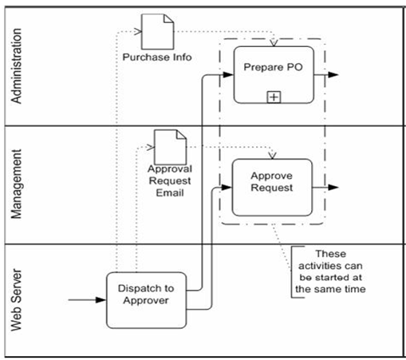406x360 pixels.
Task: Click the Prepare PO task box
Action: (274, 75)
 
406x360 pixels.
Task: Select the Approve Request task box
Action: (272, 188)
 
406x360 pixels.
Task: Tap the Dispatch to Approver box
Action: (146, 300)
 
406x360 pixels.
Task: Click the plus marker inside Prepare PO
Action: (274, 97)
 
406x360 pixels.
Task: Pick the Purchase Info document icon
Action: (157, 32)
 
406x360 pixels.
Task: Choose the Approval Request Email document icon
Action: (170, 147)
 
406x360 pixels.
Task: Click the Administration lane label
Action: (16, 65)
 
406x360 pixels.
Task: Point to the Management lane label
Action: (16, 184)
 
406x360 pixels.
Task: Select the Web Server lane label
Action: (16, 300)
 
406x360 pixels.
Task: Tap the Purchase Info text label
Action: (157, 57)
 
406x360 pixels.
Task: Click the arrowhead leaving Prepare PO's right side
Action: (333, 75)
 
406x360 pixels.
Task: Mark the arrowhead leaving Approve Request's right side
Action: (333, 188)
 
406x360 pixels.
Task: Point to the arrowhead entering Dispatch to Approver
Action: (101, 300)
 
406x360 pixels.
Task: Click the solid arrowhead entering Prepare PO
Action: (228, 75)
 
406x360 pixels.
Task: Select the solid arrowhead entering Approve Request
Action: (227, 188)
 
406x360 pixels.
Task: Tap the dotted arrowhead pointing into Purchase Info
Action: (138, 32)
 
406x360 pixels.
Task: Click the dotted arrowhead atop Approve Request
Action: (273, 156)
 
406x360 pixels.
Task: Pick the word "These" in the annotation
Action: (331, 254)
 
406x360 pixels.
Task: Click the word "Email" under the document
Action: (170, 193)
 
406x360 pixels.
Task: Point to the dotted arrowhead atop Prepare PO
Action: (274, 43)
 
